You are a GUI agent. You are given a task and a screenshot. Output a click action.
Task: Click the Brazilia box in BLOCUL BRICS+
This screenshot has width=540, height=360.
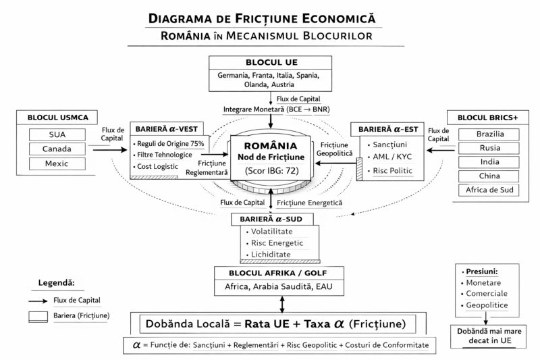[489, 134]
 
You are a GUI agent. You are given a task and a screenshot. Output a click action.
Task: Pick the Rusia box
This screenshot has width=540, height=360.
[489, 148]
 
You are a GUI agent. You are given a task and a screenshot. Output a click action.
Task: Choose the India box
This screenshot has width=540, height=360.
[489, 162]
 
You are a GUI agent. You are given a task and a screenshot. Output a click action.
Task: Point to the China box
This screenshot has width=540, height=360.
[489, 176]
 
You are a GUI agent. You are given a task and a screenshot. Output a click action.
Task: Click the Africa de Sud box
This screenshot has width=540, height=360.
[489, 190]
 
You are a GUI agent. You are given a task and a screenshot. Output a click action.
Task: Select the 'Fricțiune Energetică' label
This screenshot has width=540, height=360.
[310, 203]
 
